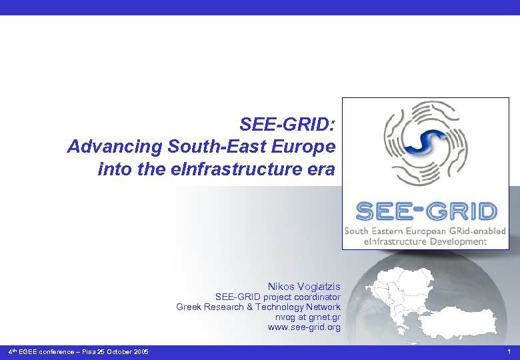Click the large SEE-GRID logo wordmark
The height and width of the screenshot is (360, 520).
coord(426,212)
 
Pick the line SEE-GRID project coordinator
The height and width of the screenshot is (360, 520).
coord(277,297)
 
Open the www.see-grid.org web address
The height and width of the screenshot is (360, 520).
coord(304,327)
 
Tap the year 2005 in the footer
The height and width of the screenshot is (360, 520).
coord(141,351)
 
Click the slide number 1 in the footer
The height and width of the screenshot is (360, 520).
coord(509,351)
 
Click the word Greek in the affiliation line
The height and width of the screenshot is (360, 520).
coord(189,307)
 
